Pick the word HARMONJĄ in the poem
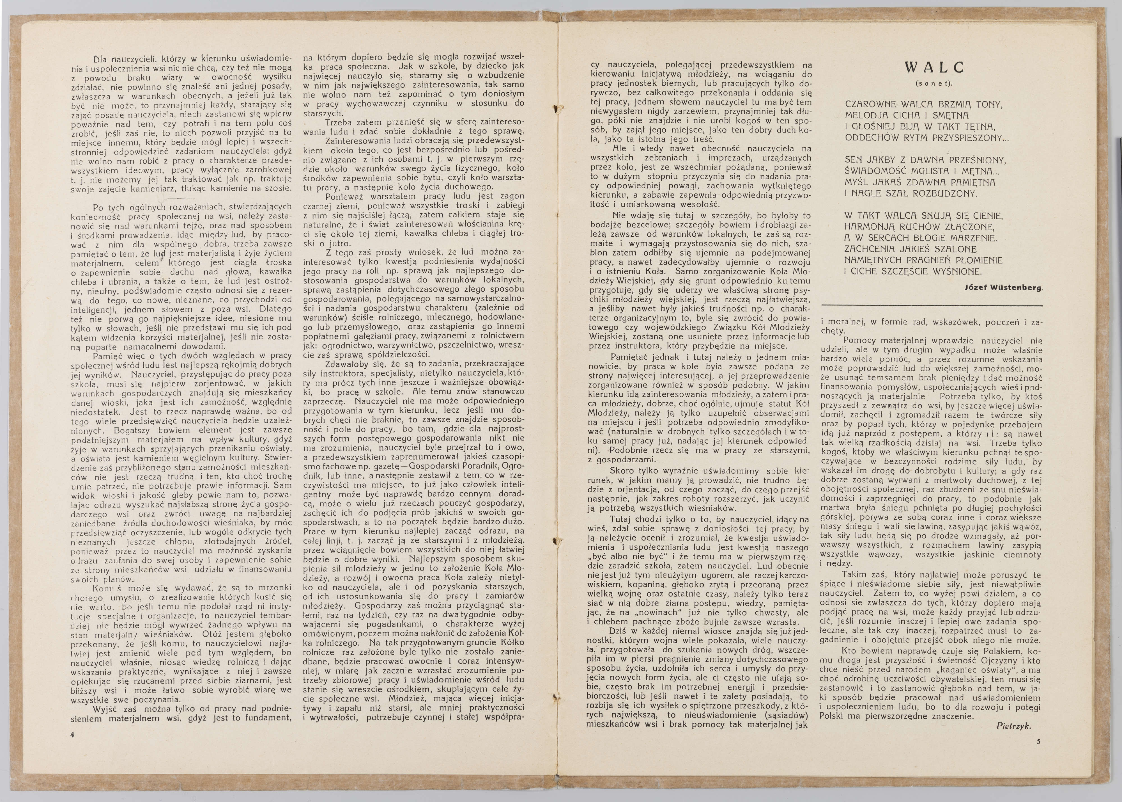869,227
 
